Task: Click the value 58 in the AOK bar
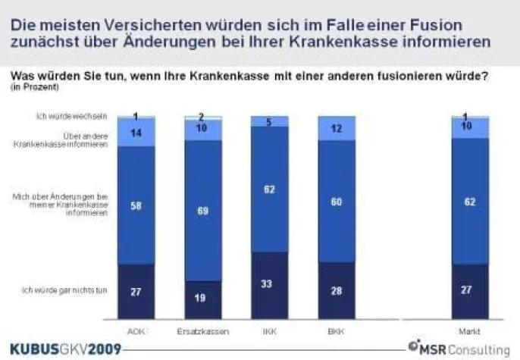click(136, 205)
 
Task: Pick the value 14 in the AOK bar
click(136, 132)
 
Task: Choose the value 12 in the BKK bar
click(336, 129)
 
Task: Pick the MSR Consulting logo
click(460, 347)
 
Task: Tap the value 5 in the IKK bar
click(269, 121)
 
